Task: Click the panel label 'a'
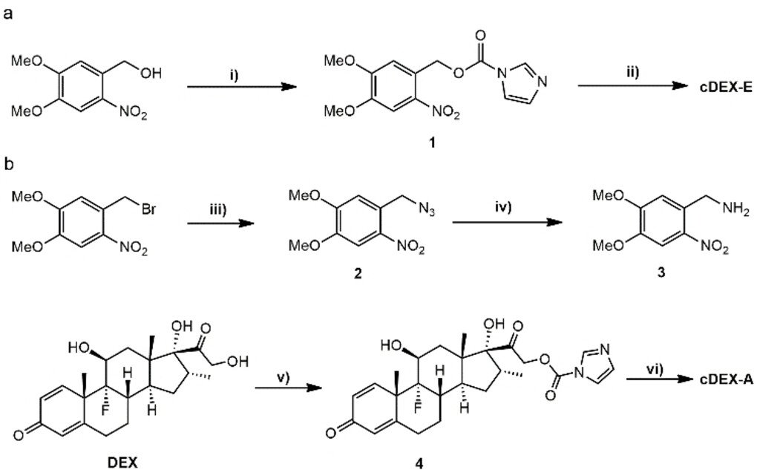pos(8,13)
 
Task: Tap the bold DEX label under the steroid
pos(127,461)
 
